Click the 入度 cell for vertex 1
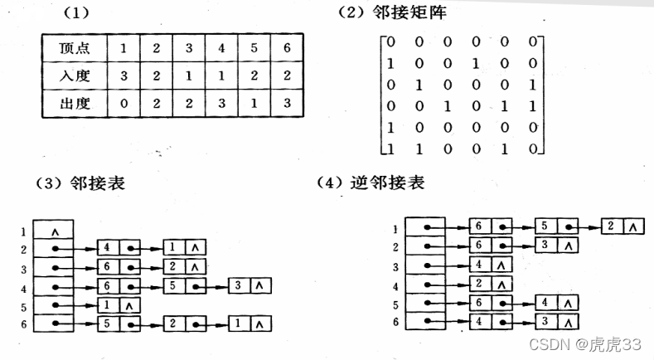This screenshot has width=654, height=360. click(124, 76)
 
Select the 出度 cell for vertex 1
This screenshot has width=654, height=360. click(124, 105)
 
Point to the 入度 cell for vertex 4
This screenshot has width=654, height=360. click(220, 76)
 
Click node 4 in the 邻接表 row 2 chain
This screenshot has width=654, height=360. click(109, 247)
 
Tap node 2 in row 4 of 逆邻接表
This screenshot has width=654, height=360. click(480, 284)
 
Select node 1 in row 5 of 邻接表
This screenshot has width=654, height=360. click(109, 304)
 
